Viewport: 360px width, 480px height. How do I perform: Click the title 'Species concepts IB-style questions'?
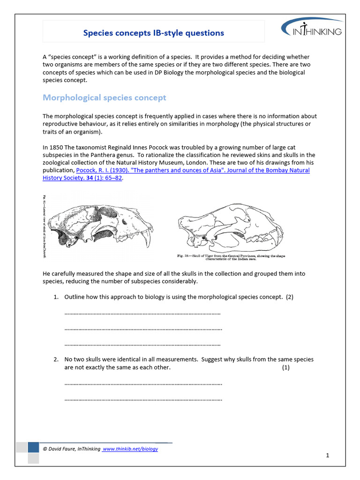pos(153,33)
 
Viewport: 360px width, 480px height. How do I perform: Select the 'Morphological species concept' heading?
pos(104,97)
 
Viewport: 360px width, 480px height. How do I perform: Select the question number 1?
pos(55,297)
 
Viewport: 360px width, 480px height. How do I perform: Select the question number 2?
pos(55,359)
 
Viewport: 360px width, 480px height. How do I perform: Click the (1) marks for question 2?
pos(286,367)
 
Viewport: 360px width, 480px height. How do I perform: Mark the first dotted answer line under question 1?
pos(142,313)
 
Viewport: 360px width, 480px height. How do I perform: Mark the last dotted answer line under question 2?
pos(143,400)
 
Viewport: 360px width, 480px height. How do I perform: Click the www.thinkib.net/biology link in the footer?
pos(130,449)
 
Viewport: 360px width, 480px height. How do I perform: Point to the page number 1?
pos(328,455)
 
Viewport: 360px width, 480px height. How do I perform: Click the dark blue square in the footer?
pos(33,447)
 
